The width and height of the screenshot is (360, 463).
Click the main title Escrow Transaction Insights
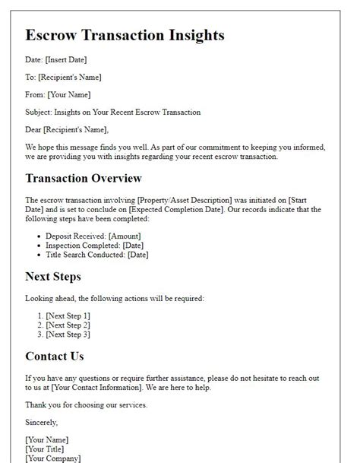125,36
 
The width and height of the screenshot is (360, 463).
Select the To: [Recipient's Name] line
63,77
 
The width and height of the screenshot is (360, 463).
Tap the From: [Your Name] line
58,94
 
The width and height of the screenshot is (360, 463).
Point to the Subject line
112,112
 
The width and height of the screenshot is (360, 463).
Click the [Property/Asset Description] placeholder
194,199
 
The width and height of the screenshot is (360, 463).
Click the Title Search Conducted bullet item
96,255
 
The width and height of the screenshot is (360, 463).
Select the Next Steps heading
52,277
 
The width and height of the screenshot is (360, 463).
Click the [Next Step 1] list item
68,316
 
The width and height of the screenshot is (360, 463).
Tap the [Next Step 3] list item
68,334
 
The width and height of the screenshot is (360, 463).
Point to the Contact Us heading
55,356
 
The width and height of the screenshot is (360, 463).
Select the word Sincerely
42,422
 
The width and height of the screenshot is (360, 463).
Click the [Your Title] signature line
46,449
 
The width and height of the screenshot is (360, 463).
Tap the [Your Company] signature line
52,458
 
